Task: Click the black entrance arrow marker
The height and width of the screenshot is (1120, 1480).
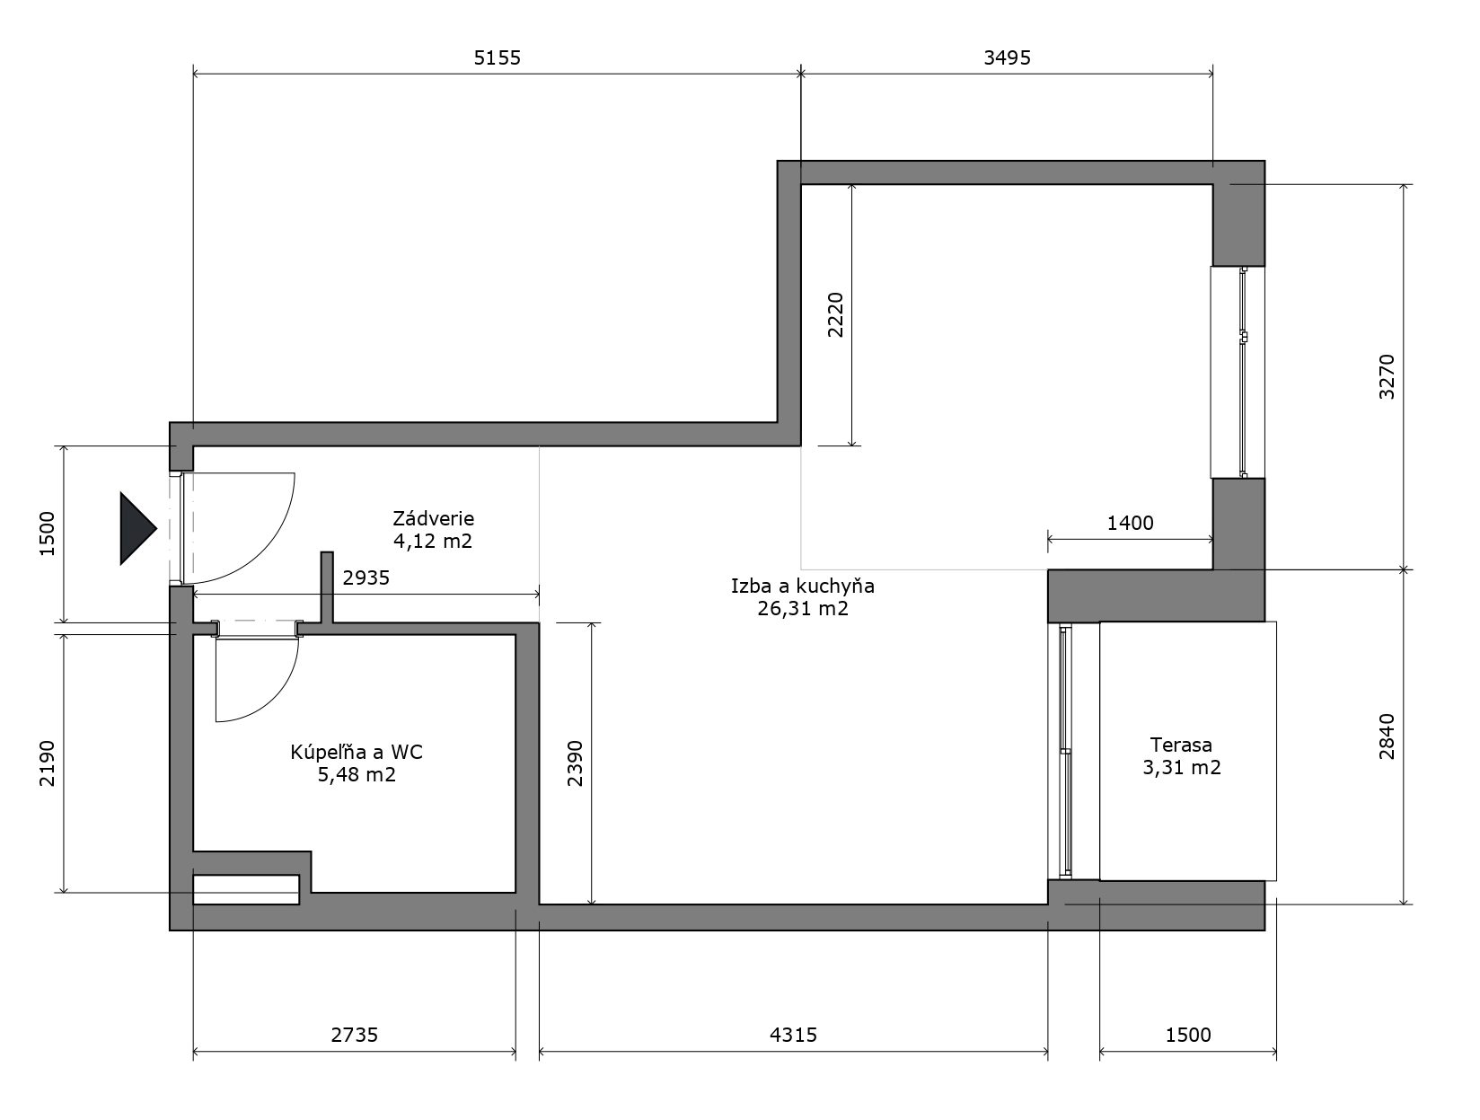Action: point(137,529)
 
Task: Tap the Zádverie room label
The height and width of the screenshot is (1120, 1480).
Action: point(433,518)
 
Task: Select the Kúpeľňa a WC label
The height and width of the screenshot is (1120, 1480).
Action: point(356,752)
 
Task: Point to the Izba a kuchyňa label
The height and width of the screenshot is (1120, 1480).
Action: point(802,586)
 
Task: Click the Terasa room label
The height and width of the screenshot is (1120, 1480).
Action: point(1181,745)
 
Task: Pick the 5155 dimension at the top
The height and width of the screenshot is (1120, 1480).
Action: point(497,58)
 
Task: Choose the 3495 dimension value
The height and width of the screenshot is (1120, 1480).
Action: point(1007,58)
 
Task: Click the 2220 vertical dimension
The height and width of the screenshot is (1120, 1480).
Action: point(835,314)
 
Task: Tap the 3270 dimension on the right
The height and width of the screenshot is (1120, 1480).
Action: point(1387,376)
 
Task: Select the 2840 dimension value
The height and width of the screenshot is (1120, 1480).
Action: point(1387,736)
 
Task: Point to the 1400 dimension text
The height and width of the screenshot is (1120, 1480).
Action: point(1130,523)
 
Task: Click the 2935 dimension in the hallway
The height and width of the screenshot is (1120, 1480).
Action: point(366,578)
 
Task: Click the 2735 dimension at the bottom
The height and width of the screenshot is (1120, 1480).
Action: point(354,1035)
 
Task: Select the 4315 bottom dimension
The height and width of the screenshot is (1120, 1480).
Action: point(793,1035)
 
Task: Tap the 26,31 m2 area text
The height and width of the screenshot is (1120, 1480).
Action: point(802,608)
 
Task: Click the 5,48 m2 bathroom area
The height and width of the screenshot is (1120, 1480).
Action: point(356,775)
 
